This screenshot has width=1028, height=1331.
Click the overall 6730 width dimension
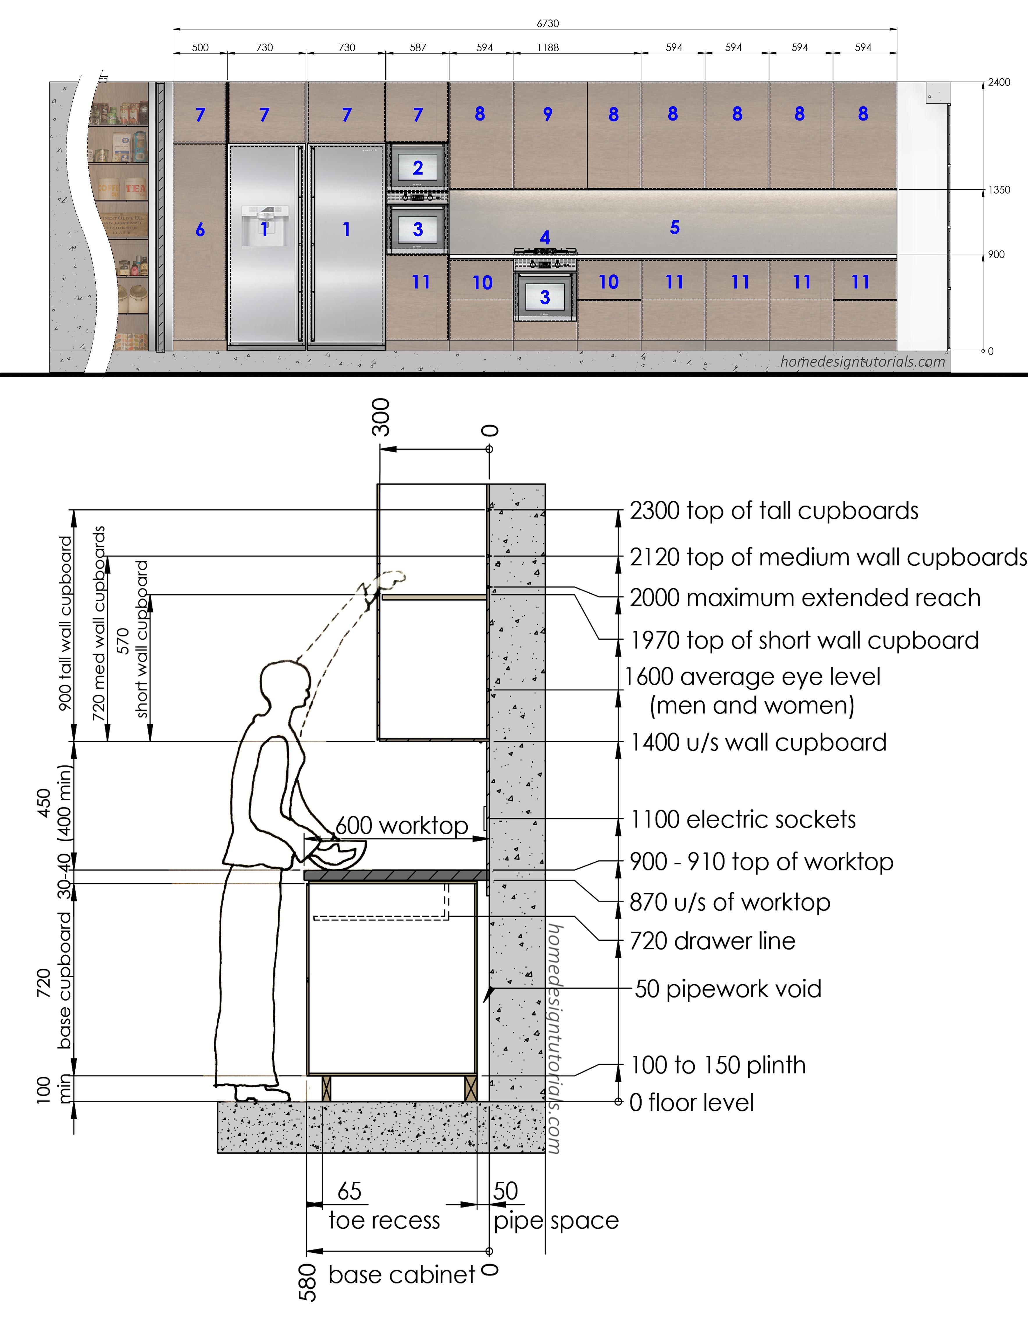coord(548,23)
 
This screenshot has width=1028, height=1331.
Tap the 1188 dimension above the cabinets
coord(548,47)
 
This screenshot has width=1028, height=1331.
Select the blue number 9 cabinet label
coord(548,114)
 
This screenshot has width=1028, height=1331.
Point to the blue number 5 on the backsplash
coord(675,227)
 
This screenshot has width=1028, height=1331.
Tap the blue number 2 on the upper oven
coord(418,168)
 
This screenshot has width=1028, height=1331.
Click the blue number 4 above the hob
coord(545,237)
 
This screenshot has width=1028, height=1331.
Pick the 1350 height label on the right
coord(999,189)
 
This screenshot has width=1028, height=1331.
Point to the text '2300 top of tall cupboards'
coord(774,511)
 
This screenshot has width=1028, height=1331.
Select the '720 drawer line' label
coord(712,941)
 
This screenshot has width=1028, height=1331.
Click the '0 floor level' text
coord(691,1103)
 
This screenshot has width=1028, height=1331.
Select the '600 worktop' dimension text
coord(402,825)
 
